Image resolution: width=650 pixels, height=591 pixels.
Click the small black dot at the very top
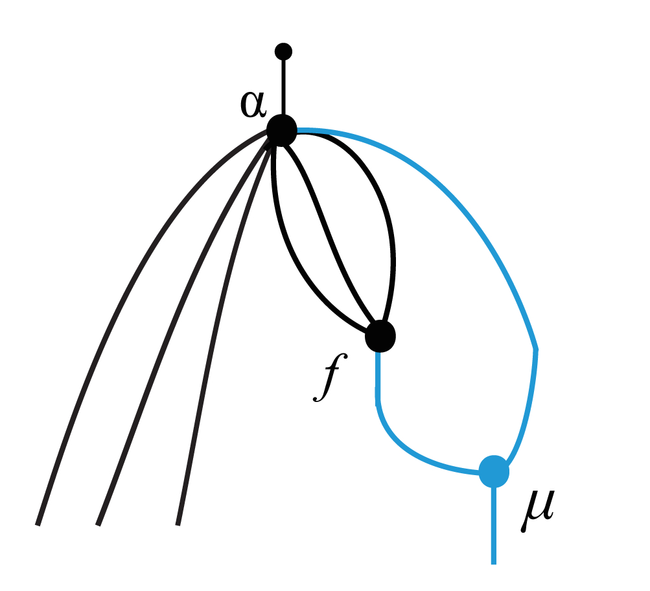pos(283,51)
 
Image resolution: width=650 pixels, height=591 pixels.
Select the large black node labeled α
pos(282,130)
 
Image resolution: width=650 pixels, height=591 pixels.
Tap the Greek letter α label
pos(253,105)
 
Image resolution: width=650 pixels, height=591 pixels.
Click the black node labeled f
pos(380,336)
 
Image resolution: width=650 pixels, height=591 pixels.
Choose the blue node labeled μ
pos(494,471)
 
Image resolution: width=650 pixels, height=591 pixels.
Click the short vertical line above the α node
pos(283,87)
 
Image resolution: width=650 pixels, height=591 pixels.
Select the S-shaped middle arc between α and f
pos(331,233)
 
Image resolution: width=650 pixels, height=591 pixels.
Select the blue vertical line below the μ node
pos(494,524)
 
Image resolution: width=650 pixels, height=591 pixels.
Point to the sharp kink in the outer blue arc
pos(536,350)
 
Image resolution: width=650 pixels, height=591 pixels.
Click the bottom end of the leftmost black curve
pos(38,523)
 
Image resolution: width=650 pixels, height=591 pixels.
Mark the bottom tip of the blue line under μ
pos(494,562)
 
